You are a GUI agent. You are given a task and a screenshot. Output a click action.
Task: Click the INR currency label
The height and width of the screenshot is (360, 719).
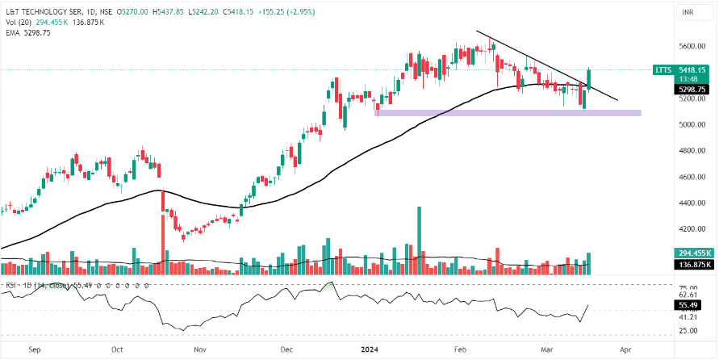688,12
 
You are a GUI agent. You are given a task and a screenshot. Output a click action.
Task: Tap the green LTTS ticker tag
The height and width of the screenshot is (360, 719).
663,70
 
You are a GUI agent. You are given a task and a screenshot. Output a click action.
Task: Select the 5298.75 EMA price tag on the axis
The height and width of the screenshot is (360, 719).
692,90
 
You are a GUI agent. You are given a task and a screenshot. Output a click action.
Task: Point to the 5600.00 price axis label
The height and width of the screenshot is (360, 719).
692,46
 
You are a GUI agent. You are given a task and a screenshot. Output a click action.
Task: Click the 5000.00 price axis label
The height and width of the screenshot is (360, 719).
692,125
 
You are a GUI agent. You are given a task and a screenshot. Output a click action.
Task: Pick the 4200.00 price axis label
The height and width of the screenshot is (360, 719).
692,229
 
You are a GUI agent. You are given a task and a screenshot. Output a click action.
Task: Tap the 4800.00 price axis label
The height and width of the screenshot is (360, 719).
692,151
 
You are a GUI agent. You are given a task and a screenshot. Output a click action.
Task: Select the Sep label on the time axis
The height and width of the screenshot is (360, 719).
34,350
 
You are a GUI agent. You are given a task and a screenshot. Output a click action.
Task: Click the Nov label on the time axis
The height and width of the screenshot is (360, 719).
201,350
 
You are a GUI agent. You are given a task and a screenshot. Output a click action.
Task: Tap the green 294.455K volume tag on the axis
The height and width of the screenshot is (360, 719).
692,253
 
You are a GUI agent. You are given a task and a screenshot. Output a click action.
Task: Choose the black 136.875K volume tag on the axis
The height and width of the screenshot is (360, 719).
692,265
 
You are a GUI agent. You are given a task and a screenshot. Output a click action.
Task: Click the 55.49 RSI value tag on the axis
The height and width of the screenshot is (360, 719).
692,305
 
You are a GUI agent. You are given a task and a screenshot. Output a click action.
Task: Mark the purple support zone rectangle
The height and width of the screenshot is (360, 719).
508,113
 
